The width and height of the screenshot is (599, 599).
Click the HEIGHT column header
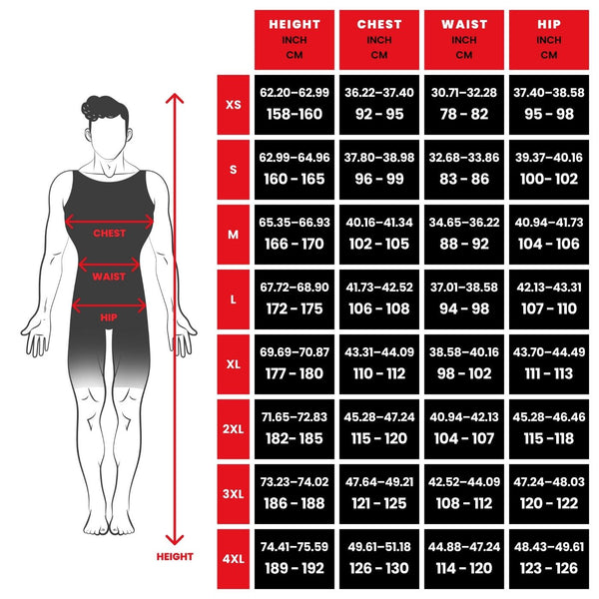(x=295, y=38)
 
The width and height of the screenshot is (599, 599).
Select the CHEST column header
(x=379, y=38)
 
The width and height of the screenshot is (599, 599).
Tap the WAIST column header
(x=464, y=38)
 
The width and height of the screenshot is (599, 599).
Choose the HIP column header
(x=548, y=38)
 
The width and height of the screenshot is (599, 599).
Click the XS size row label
(x=234, y=104)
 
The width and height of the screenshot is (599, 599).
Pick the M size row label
(x=234, y=235)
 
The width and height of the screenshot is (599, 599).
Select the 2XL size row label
(x=234, y=429)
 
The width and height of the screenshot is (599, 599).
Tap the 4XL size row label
(x=234, y=559)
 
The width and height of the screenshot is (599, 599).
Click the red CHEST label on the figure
(x=109, y=233)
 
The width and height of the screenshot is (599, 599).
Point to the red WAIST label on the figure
(x=109, y=277)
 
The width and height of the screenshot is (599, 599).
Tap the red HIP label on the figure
(x=109, y=317)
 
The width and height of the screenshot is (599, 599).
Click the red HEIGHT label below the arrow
(x=175, y=557)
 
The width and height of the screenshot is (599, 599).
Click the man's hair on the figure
(x=108, y=106)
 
